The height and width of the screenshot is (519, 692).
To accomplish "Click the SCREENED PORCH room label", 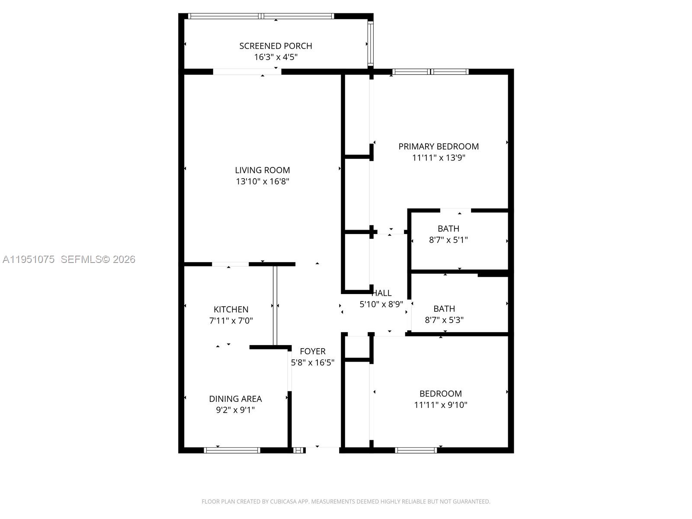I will pos(276,46).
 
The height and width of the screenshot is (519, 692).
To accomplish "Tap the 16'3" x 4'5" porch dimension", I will pos(276,57).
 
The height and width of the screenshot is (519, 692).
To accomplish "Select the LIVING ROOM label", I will pos(262,170).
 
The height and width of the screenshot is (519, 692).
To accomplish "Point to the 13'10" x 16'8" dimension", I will pos(262,182).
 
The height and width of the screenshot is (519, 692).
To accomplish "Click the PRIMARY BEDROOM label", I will pos(438,147).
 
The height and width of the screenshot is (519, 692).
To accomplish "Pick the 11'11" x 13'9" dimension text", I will pos(438,158).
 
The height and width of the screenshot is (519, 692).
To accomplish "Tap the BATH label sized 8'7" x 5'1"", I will pos(448,229).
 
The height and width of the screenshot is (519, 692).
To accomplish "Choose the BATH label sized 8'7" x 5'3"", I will pos(444,309).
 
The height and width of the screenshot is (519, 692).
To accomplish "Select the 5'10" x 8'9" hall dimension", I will pos(381,304).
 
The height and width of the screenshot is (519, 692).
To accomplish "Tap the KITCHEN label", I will pos(231,310).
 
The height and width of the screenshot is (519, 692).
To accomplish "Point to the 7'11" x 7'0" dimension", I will pos(231,321).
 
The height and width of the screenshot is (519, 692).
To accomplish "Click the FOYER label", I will pos(312,352).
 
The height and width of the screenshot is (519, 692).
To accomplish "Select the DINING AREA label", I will pos(235,399).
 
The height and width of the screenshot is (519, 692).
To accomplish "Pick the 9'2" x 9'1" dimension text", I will pos(235,410).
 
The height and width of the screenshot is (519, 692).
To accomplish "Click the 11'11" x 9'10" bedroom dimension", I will pos(440,405).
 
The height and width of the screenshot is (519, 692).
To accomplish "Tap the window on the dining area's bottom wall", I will pos(232,450).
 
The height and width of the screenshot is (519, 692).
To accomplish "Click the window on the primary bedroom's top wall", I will pos(430,72).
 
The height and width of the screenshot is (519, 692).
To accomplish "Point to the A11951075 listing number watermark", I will pos(29,259).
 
